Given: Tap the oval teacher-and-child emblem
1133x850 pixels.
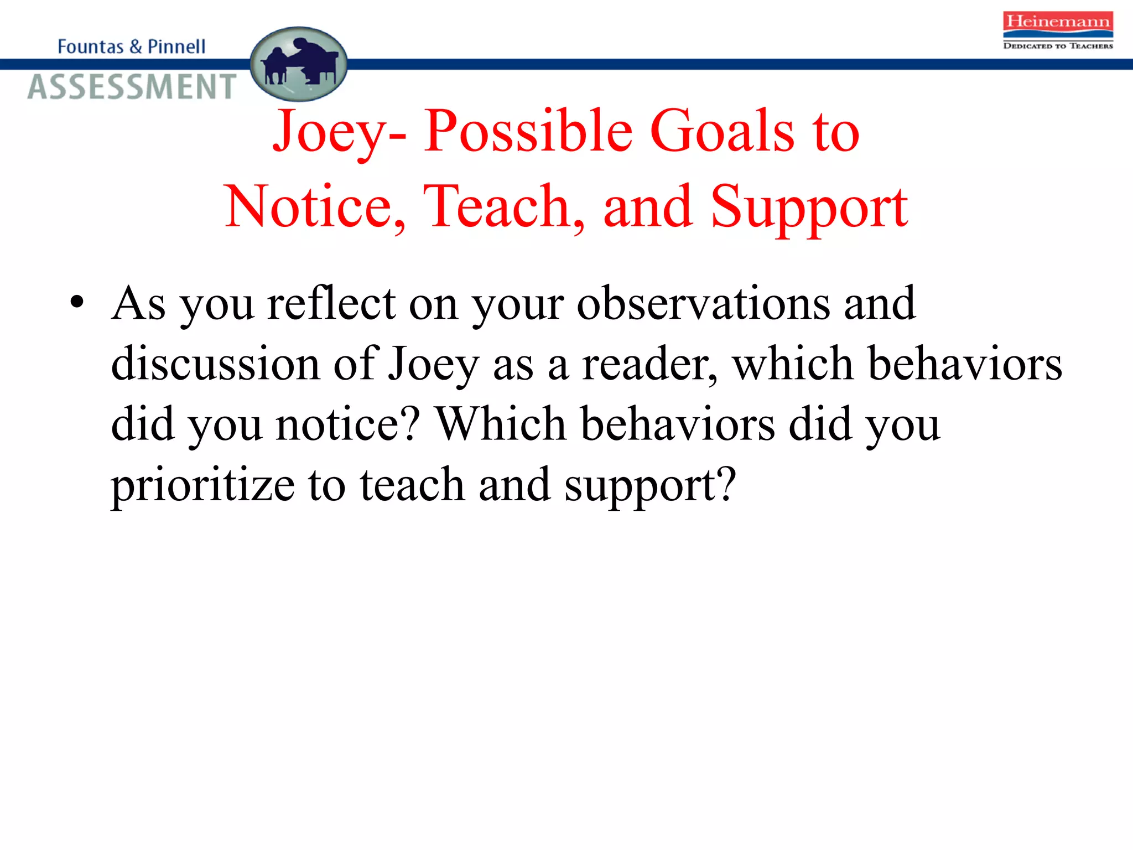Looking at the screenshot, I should pos(299,64).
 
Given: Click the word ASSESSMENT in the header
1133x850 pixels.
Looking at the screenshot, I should pos(132,87).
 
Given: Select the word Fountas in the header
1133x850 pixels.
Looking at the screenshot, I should pos(90,46).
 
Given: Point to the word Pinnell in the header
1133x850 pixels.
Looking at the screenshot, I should pos(176,46).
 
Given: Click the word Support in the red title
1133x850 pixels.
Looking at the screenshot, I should pos(809,208).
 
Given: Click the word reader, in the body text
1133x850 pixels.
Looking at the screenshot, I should pos(650,364).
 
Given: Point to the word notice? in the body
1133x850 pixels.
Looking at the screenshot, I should pos(348,424).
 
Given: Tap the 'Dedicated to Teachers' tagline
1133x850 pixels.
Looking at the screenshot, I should pos(1058,46).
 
